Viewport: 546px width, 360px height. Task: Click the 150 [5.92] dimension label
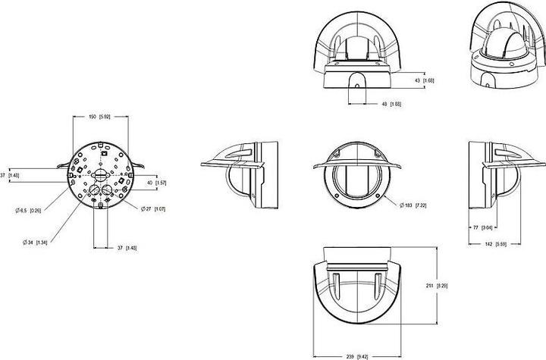[x=100, y=117]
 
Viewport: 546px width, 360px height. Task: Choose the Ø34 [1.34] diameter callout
[x=35, y=243]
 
